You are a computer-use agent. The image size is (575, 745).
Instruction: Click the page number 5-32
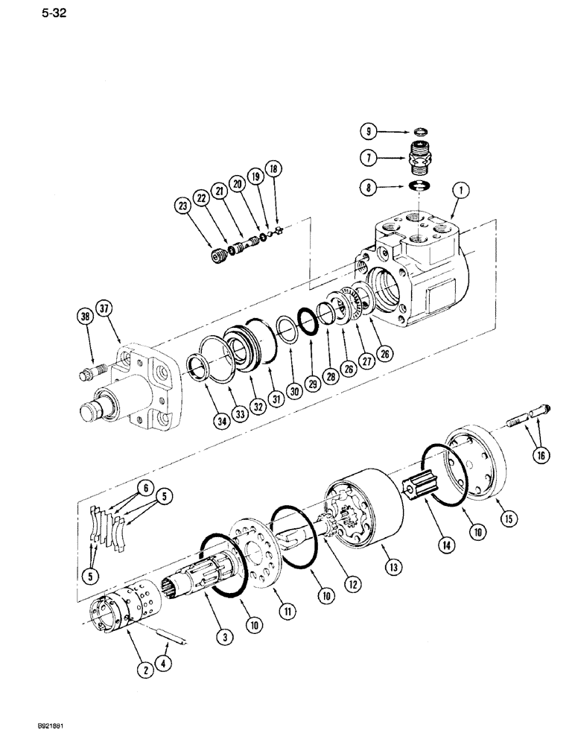[x=25, y=14]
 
